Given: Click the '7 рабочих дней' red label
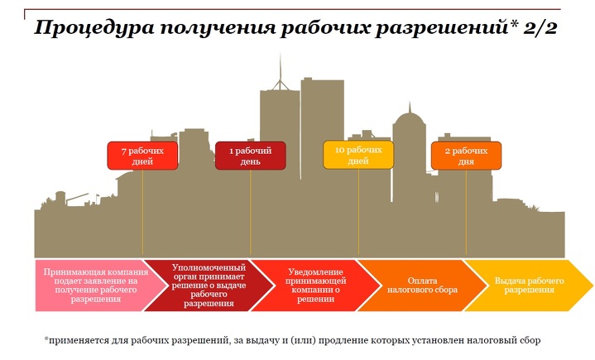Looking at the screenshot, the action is pos(142,156).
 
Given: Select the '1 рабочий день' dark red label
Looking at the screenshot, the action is pos(251,156).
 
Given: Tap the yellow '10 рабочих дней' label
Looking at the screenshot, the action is pos(358,155).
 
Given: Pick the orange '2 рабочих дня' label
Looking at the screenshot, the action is pos(466,156).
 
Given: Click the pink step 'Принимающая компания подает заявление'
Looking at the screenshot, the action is pos(97,286).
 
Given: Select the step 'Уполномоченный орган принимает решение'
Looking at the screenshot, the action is pos(209,286).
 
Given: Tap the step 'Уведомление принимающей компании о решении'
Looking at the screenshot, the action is pos(316,286).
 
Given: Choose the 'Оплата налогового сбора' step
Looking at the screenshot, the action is pos(422,286).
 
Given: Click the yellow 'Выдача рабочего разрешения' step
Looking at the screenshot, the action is pos(529,286).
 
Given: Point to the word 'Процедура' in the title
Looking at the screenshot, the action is pos(94,28).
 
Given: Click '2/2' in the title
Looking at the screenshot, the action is pos(540,27).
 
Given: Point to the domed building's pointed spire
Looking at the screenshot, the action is pos(410,108).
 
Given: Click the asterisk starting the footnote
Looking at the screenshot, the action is pos(46,338).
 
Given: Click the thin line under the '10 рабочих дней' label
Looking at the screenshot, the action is pos(358,211).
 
